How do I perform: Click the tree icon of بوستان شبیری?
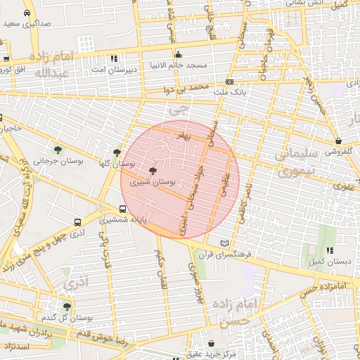coord(153,171)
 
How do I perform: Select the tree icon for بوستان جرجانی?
coord(58,150)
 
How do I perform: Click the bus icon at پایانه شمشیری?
coord(123,210)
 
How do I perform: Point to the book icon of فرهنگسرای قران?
coord(224,243)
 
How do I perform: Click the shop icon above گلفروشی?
coord(338,141)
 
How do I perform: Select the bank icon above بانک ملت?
coord(229,82)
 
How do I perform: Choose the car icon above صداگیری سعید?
coord(27,13)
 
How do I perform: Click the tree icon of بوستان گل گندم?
coord(67,307)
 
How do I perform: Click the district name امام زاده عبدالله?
coord(51,64)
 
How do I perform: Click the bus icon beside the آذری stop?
coord(77,222)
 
